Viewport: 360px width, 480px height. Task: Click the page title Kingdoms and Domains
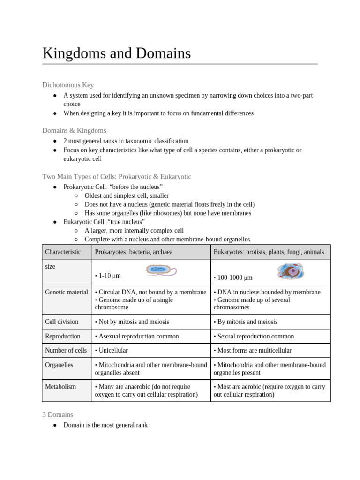click(117, 53)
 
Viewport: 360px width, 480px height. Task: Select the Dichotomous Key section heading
click(68, 85)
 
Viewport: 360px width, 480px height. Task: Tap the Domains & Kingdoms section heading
click(74, 130)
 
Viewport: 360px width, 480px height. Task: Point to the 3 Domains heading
click(58, 414)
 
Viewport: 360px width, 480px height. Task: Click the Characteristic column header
click(63, 252)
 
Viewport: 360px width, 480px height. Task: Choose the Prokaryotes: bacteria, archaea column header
click(134, 252)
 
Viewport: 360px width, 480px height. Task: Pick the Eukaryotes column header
click(269, 252)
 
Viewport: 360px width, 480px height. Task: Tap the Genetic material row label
click(66, 292)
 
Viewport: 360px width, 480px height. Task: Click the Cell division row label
click(61, 322)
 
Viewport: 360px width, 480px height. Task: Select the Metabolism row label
click(60, 387)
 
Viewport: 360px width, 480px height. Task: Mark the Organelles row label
click(59, 365)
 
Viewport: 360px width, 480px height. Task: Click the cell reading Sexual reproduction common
click(254, 336)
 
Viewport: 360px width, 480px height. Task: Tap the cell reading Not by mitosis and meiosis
click(132, 322)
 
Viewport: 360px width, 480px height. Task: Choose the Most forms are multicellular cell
click(252, 350)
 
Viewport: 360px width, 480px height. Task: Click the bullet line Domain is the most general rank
click(105, 425)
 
